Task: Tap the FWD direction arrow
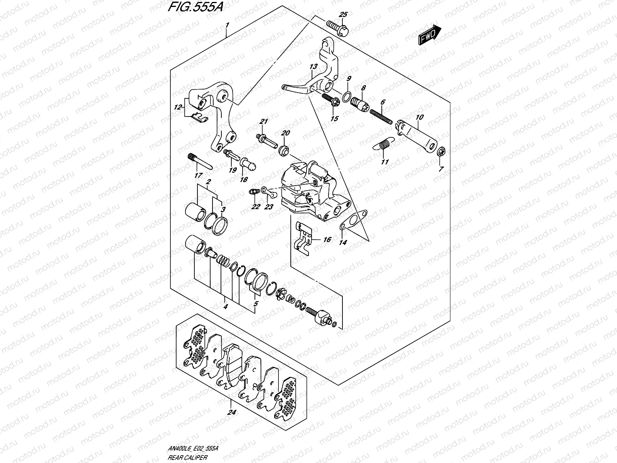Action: (x=429, y=34)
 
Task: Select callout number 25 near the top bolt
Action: (x=343, y=15)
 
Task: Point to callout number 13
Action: (x=313, y=66)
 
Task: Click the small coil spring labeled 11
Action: (x=383, y=145)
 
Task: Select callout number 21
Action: (x=263, y=122)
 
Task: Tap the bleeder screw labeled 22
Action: (x=253, y=191)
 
